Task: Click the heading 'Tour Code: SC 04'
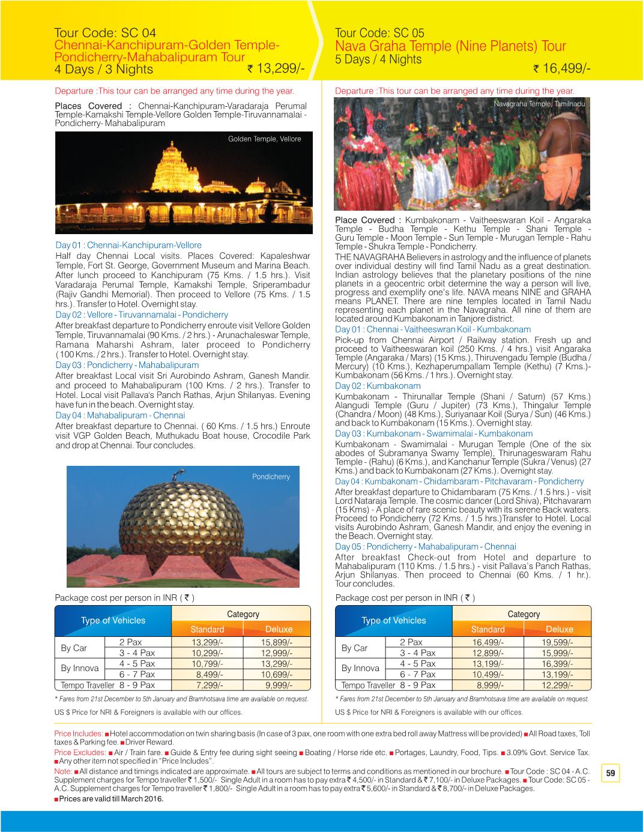coord(105,33)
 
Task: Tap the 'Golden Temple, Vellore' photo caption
coord(264,139)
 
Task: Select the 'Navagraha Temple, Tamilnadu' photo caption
coord(539,104)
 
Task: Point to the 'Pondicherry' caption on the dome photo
coord(271,477)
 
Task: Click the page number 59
coord(611,773)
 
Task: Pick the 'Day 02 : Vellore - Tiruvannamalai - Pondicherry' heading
coord(142,315)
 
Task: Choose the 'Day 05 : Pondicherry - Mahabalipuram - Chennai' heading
coord(425,546)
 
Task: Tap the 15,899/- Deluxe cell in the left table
coord(279,642)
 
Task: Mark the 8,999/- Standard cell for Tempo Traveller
coord(490,685)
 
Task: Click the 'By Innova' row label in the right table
coord(360,668)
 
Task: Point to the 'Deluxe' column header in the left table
coord(279,629)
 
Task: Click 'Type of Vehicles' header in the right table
coord(393,621)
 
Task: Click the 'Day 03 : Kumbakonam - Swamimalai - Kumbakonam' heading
coord(433,433)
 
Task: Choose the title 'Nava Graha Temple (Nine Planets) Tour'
coord(450,46)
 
